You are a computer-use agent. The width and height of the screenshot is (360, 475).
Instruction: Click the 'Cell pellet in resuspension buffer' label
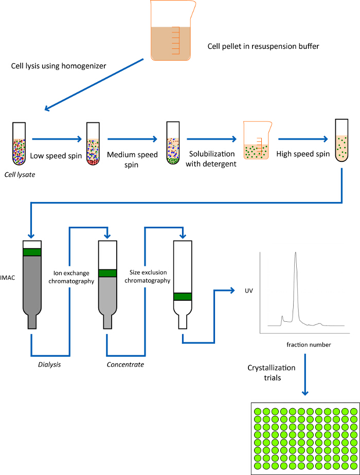pos(263,47)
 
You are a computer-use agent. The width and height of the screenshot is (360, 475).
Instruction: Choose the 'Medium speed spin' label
pos(132,159)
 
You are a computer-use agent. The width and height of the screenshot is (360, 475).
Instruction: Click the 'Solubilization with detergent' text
pos(212,158)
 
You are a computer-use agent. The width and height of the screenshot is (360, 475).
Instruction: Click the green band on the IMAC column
pos(31,252)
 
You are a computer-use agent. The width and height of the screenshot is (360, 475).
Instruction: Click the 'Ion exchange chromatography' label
pos(73,278)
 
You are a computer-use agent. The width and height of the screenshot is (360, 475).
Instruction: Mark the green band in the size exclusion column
pos(183,296)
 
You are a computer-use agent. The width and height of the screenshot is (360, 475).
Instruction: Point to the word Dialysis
pos(50,364)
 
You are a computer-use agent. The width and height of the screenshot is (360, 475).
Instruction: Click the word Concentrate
pos(125,364)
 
